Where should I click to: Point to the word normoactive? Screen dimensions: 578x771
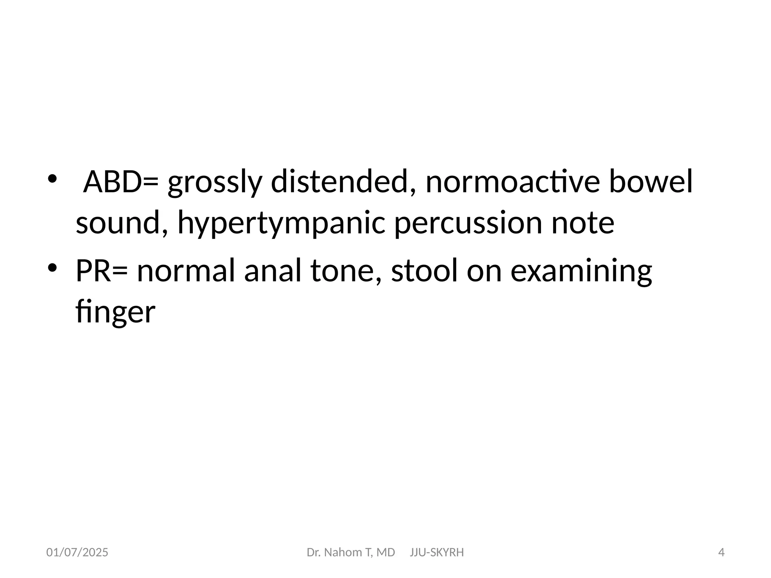pyautogui.click(x=512, y=182)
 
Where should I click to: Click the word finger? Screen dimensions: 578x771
pyautogui.click(x=115, y=312)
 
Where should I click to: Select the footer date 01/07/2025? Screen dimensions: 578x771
pyautogui.click(x=77, y=552)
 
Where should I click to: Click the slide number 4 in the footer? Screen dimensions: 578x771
pyautogui.click(x=721, y=552)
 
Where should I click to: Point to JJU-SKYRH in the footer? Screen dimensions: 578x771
pyautogui.click(x=437, y=552)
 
